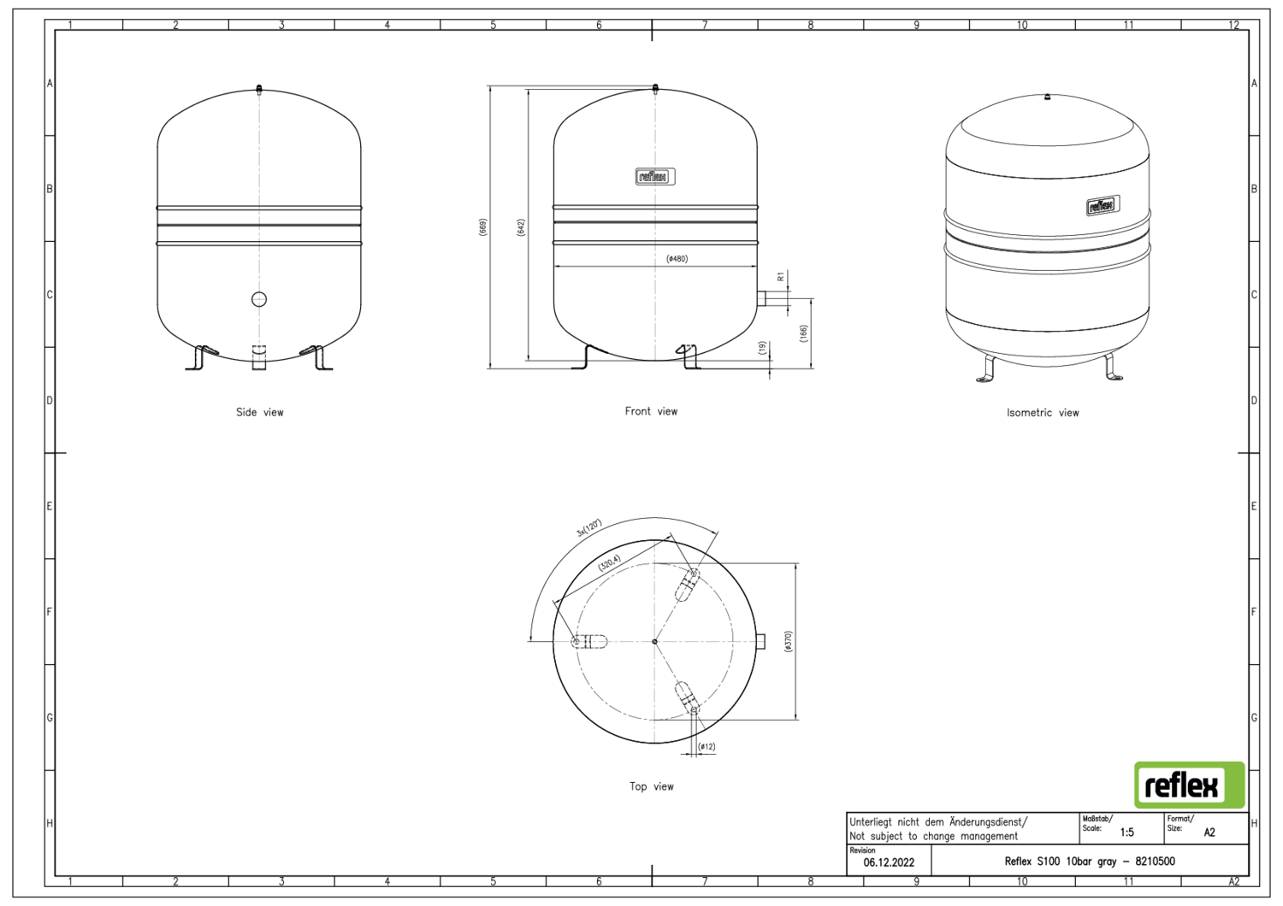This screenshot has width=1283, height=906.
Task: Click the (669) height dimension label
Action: pyautogui.click(x=483, y=227)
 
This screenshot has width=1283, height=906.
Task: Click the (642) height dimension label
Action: pyautogui.click(x=521, y=227)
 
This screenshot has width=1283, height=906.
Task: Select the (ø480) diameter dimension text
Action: pyautogui.click(x=677, y=259)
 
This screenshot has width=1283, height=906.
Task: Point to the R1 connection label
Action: pyautogui.click(x=781, y=276)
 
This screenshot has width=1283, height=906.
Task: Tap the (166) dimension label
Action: pyautogui.click(x=803, y=333)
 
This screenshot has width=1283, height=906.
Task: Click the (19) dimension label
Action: pyautogui.click(x=762, y=348)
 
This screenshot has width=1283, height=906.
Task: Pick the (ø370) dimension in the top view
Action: pyautogui.click(x=788, y=642)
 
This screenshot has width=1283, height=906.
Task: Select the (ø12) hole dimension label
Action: pyautogui.click(x=707, y=747)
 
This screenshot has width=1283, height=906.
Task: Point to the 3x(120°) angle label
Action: pyautogui.click(x=589, y=527)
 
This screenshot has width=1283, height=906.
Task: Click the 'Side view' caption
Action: pyautogui.click(x=259, y=412)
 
